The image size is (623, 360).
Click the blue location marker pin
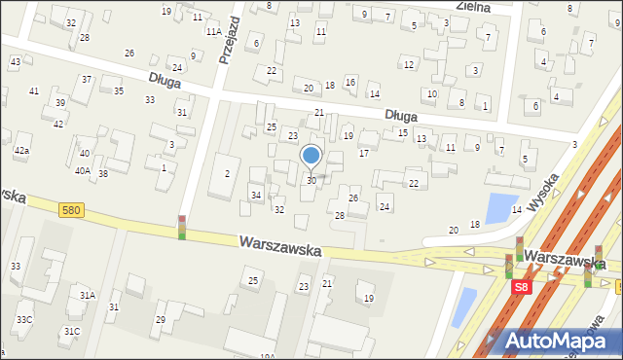[x=311, y=156]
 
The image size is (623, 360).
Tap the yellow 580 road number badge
[x=70, y=209]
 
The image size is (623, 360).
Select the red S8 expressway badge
[x=522, y=287]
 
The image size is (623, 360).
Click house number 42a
[x=21, y=151]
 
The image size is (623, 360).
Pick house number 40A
[x=84, y=170]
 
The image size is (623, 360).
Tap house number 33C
[x=23, y=319]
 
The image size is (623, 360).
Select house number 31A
[x=88, y=295]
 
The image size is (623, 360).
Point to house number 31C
[x=72, y=331]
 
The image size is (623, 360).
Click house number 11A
[x=212, y=31]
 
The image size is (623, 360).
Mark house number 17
[x=364, y=154]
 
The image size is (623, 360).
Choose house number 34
[x=256, y=196]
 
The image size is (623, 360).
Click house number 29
[x=161, y=319]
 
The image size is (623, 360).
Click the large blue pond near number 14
[x=500, y=207]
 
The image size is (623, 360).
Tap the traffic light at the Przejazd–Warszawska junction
[x=182, y=227]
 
